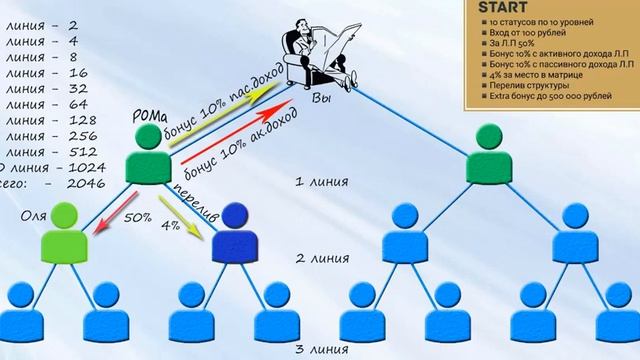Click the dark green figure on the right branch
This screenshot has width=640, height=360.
490,154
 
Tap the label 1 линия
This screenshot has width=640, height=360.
321,183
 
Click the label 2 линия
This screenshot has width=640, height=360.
321,258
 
